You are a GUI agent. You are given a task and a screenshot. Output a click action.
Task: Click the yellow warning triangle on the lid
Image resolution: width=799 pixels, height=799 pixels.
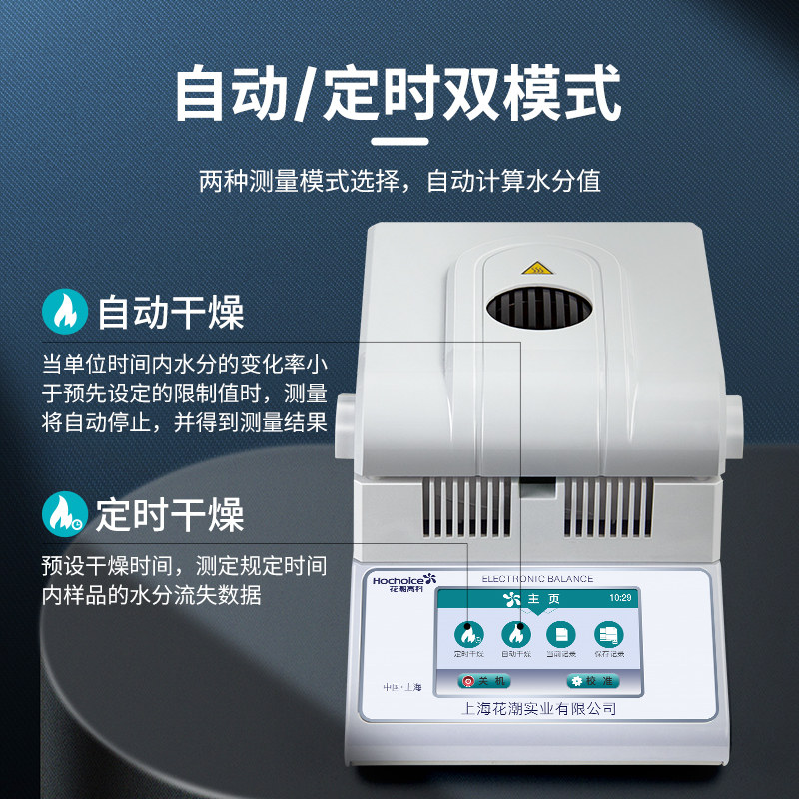pos(535,268)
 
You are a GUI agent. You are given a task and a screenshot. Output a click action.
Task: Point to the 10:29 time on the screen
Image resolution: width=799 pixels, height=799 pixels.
pos(620,598)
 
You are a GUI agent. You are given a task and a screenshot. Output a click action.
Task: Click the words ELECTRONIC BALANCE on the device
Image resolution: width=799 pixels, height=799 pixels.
pos(537,579)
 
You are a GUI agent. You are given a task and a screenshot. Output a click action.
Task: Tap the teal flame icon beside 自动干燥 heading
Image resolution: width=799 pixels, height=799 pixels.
pos(65,313)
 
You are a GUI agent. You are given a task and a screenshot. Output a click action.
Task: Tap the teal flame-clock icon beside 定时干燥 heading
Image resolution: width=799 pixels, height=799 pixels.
pos(65,514)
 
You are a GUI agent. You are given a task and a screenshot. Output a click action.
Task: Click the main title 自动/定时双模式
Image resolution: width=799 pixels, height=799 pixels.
pos(399,94)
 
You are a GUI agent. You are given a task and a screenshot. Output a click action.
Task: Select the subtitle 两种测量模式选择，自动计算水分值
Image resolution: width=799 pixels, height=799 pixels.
pos(399,183)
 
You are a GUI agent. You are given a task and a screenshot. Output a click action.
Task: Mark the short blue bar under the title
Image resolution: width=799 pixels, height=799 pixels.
pos(399,140)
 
